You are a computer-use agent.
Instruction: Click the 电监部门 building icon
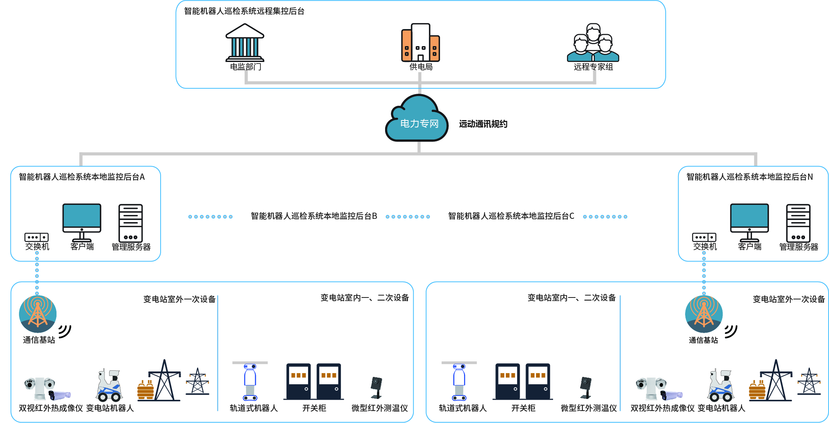coord(245,43)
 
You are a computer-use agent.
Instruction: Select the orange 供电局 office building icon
coord(420,43)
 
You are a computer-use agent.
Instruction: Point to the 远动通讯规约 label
coord(483,124)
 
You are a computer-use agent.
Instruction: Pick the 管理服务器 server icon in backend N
coord(798,223)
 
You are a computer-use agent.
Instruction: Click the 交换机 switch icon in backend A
coord(36,237)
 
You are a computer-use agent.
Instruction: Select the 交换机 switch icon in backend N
coord(704,237)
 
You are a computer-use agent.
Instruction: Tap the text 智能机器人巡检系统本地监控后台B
coord(314,216)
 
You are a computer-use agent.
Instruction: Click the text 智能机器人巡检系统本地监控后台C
coord(511,216)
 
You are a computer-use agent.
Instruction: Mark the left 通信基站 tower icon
coord(38,314)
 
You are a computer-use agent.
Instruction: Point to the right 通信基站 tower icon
coord(704,314)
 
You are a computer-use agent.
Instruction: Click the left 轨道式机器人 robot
coord(250,382)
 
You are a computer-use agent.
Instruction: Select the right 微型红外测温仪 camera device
coord(586,387)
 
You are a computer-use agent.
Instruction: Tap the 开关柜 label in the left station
coord(314,408)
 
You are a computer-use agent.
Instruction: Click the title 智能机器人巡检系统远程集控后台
coord(244,11)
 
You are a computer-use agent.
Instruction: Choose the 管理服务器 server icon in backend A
coord(130,223)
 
